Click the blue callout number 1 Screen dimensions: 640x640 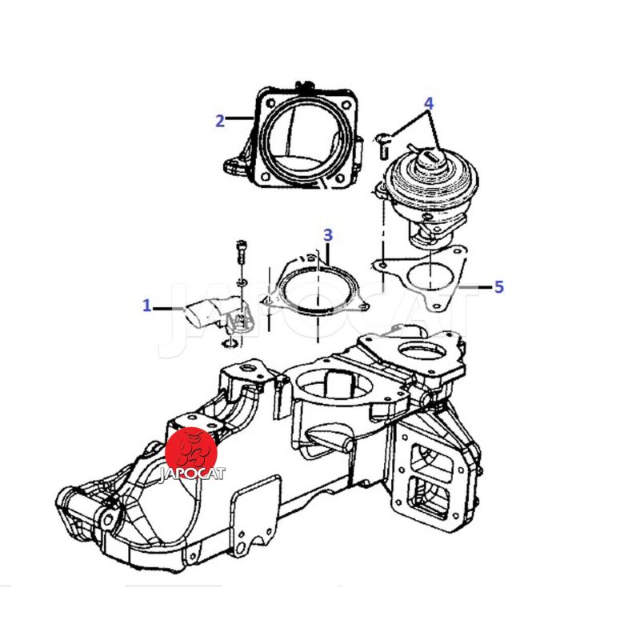point(146,306)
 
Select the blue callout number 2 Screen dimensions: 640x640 point(220,121)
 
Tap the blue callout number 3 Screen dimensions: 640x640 point(328,235)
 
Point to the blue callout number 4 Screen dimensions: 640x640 point(428,104)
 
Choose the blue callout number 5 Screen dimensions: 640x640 point(498,287)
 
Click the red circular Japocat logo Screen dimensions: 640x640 point(191,453)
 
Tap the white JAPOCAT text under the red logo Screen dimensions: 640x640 point(192,474)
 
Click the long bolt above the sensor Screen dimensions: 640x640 point(240,252)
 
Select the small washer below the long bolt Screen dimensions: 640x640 point(241,282)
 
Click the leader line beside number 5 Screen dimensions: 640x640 point(475,287)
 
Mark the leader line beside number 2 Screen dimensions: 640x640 point(240,118)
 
